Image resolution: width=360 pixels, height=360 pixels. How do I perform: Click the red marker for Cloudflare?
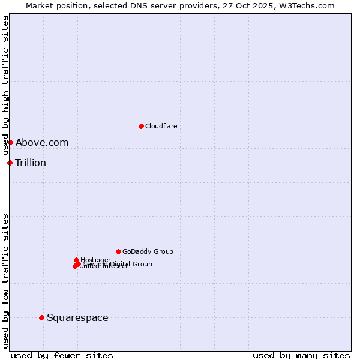coord(141,126)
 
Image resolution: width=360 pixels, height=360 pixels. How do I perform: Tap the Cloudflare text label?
coord(161,126)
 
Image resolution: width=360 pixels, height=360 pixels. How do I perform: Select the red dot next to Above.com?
coord(10,142)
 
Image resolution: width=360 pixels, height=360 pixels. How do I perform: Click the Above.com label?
coord(42,142)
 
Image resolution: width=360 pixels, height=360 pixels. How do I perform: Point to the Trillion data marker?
coord(10,163)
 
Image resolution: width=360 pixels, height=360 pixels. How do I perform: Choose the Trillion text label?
coord(31,163)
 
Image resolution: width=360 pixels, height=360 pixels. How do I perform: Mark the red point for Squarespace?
coord(41,317)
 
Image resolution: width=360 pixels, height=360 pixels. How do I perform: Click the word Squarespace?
coord(77,317)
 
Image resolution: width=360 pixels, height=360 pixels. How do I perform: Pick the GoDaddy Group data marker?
coord(118,251)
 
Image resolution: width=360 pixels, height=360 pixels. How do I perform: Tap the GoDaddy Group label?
coord(148,251)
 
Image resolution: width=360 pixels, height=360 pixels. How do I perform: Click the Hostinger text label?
coord(95,260)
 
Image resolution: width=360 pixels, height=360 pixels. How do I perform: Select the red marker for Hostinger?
coord(76,260)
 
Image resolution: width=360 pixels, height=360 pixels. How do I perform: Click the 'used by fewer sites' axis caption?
coord(62,355)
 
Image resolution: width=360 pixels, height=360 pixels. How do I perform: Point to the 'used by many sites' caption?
coord(301,355)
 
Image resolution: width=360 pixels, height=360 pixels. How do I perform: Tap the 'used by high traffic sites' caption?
coord(6,86)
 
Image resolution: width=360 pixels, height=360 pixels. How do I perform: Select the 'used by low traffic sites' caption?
coord(6,281)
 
